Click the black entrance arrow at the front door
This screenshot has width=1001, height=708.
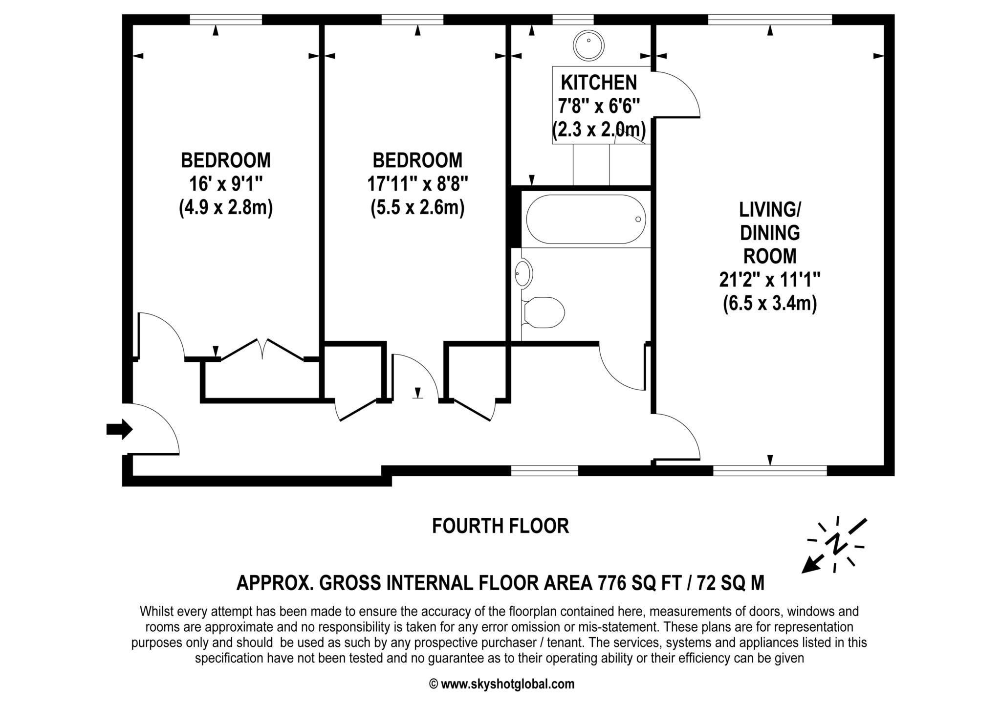(119, 429)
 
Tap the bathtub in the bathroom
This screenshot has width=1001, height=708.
(585, 219)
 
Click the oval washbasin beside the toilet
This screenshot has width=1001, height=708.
(523, 273)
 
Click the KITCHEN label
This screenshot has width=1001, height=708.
(599, 83)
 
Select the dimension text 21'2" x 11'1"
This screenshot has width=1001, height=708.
(769, 280)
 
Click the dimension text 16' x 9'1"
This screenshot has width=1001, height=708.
(226, 184)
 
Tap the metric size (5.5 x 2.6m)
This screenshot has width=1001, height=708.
(417, 208)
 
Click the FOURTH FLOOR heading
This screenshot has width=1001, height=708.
(500, 526)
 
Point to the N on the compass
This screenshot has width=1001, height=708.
(836, 544)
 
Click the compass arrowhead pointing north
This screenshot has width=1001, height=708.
(808, 567)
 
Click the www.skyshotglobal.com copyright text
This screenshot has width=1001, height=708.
(501, 684)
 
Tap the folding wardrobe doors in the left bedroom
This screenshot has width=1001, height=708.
(262, 349)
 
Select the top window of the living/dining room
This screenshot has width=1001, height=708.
(769, 20)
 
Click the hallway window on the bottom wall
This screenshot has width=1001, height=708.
(544, 470)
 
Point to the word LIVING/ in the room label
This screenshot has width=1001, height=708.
(769, 210)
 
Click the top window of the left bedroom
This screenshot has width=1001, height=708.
(225, 20)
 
